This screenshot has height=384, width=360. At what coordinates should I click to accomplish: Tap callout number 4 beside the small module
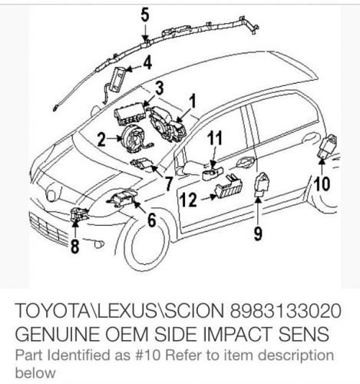[147, 61]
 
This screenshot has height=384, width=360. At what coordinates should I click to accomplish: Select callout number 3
[160, 86]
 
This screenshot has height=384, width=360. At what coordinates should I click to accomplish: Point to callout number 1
[193, 99]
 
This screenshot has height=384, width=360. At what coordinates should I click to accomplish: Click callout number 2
[101, 139]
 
